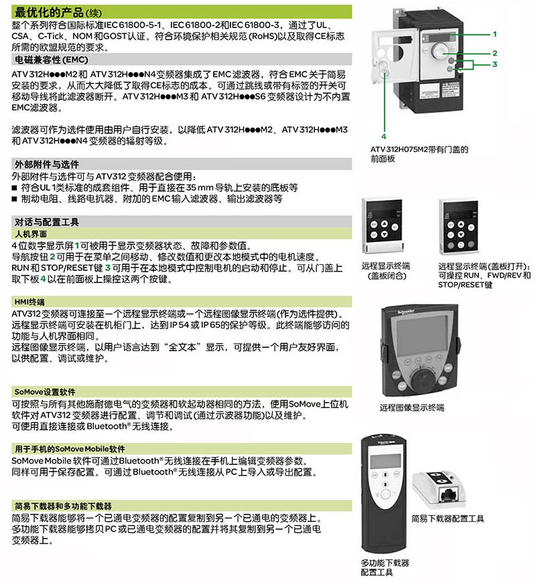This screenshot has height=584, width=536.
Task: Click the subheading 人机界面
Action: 31,234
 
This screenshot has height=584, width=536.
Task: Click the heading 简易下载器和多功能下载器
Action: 63,506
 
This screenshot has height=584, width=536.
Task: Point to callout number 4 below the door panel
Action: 384,136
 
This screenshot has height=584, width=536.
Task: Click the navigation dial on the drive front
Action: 440,51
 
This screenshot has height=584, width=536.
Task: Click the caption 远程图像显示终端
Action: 411,407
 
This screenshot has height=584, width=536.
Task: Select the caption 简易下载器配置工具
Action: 448,518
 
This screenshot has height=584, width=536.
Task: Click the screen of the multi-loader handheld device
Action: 385,461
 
